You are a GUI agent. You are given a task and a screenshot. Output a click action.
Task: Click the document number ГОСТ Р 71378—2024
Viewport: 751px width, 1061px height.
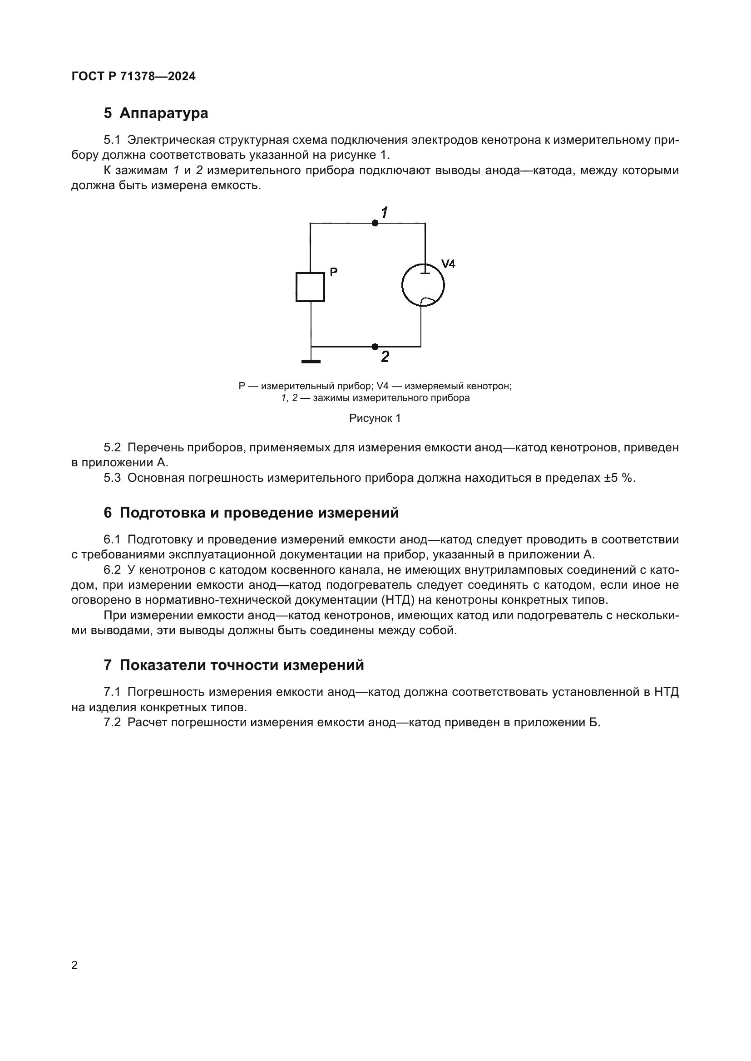tap(133, 76)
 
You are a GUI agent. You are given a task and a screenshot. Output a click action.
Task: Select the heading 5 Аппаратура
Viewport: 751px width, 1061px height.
tap(156, 113)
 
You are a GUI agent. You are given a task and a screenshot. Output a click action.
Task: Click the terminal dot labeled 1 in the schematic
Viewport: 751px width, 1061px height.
tap(375, 223)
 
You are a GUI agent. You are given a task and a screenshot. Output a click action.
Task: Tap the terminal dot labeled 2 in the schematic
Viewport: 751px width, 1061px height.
tap(375, 347)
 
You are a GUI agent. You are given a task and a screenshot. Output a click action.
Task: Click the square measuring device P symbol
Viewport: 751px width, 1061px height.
tap(310, 288)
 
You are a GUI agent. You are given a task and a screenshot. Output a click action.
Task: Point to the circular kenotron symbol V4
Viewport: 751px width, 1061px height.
tap(423, 285)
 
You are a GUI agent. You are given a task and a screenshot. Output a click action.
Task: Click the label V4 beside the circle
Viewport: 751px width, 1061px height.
tap(448, 264)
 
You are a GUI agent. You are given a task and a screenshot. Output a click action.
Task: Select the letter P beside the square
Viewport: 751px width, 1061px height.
tap(333, 272)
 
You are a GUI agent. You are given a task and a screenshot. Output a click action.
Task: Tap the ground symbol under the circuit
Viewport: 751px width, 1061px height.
tap(311, 361)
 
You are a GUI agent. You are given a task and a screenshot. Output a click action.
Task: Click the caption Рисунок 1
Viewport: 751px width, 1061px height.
tap(375, 418)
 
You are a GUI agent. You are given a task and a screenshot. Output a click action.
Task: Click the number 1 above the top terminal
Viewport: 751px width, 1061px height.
tap(384, 213)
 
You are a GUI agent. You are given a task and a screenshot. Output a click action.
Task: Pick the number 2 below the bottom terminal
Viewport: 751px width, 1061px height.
tap(385, 357)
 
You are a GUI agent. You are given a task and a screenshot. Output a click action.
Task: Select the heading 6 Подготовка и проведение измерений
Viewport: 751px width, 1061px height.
tap(251, 513)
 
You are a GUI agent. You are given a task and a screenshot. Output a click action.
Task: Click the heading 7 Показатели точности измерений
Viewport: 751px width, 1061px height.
tap(234, 665)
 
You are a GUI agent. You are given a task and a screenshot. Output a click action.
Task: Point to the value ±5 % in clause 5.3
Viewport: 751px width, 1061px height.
tap(619, 478)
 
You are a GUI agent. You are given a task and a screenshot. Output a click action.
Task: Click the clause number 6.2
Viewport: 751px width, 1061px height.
tap(112, 570)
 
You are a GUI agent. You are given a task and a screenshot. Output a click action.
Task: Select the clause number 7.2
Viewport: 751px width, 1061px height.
tap(112, 722)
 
